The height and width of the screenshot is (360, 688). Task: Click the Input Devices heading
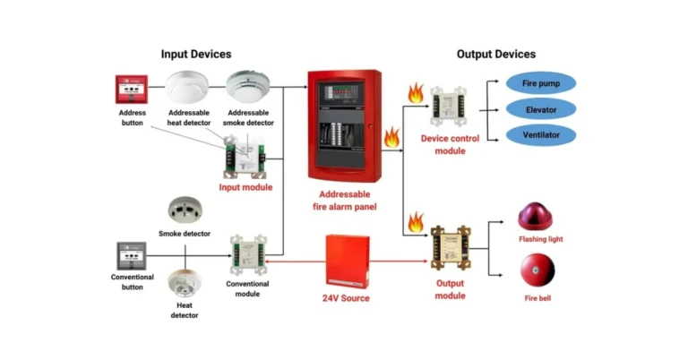pos(195,55)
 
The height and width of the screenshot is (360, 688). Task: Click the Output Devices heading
pos(496,55)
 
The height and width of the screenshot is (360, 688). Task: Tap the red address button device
pos(132,90)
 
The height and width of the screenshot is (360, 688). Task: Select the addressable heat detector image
pos(188,87)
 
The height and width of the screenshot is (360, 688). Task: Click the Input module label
pos(245,186)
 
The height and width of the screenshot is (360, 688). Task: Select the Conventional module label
pos(247,288)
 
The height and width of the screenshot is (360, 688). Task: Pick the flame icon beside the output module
pos(415,222)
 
